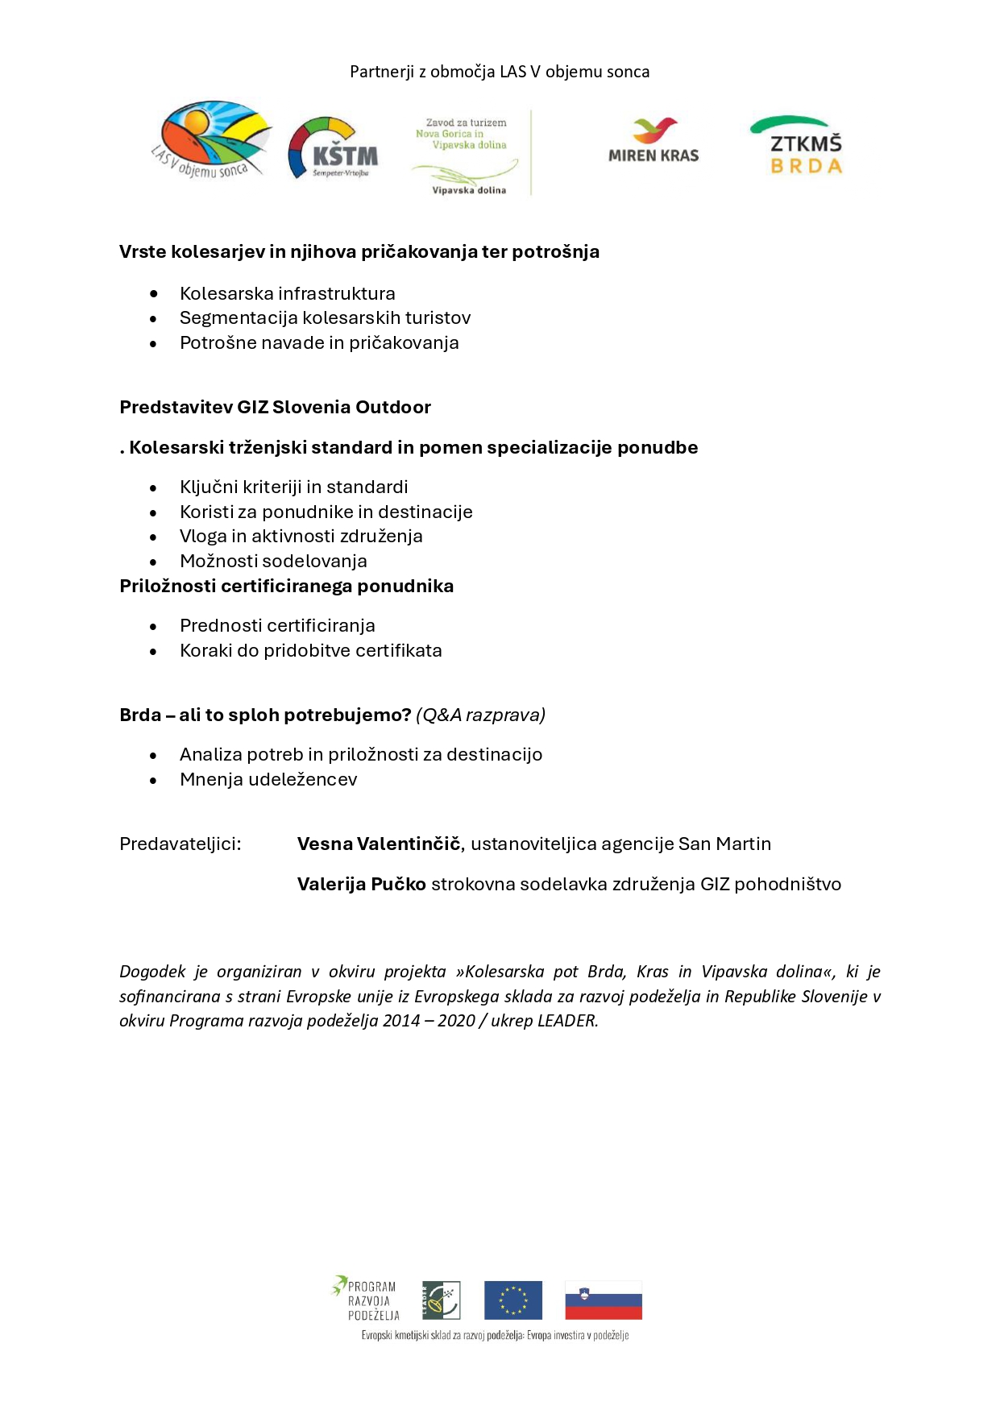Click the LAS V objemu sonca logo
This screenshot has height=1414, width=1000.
(x=211, y=139)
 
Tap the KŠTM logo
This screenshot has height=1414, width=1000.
(x=333, y=148)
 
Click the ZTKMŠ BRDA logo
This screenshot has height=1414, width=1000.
(x=797, y=146)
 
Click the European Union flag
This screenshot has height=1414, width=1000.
(x=512, y=1300)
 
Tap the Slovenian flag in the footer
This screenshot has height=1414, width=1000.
(x=603, y=1300)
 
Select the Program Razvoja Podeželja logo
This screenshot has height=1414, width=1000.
(x=366, y=1298)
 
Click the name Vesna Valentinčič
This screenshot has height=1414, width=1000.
(x=379, y=844)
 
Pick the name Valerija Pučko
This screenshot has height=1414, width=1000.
(x=361, y=884)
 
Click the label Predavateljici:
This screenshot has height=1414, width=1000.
(x=180, y=844)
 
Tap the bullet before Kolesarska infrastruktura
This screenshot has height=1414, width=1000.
(x=153, y=294)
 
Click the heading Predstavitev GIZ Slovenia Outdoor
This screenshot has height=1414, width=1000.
(x=275, y=407)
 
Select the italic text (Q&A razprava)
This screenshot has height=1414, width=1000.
(x=480, y=715)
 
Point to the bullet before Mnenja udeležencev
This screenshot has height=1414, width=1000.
(x=153, y=780)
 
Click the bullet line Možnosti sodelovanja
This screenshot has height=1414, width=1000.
(x=273, y=561)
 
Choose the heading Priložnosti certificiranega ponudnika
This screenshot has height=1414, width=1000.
(x=286, y=586)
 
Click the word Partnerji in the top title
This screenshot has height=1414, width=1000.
(x=381, y=72)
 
